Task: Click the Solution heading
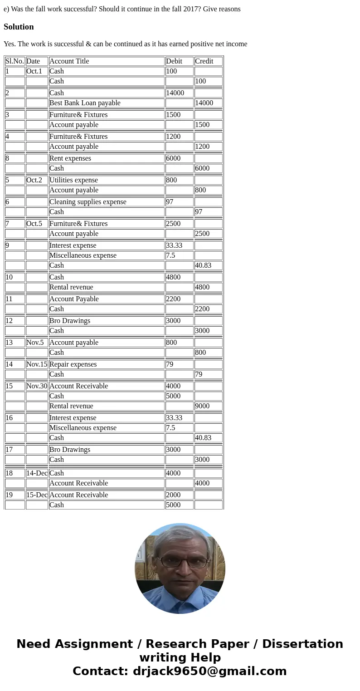(19, 27)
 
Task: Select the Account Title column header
(69, 61)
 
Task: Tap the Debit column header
(174, 61)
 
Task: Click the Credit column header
(204, 61)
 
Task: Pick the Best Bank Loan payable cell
(85, 103)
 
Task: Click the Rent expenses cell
(70, 158)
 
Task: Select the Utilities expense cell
(73, 180)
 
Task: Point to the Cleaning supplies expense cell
(88, 202)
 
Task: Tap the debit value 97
(170, 202)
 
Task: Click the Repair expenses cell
(73, 364)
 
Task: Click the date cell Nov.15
(37, 364)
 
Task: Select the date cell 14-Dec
(37, 473)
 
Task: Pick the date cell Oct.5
(34, 224)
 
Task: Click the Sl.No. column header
(15, 61)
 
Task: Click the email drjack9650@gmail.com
(209, 671)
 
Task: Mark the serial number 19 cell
(9, 495)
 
